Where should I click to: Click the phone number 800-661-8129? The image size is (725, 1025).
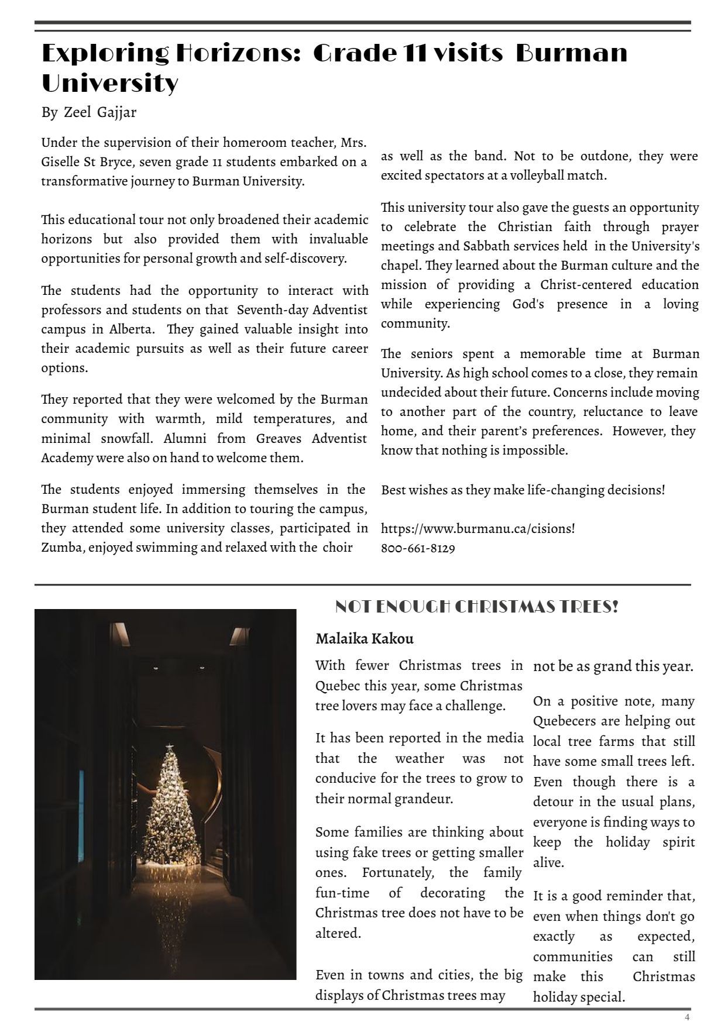[x=418, y=548]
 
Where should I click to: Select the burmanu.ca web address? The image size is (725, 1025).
[x=477, y=528]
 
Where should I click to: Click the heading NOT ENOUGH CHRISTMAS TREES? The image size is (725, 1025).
[x=477, y=607]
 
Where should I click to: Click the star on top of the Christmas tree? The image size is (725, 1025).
[x=169, y=747]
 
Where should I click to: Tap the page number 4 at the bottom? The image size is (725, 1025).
[x=688, y=1016]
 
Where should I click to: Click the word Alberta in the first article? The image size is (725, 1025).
[x=132, y=329]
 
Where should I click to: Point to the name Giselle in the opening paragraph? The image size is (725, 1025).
[x=63, y=161]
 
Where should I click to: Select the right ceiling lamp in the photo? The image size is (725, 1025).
[x=239, y=635]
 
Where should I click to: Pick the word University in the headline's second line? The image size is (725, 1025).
[x=109, y=83]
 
